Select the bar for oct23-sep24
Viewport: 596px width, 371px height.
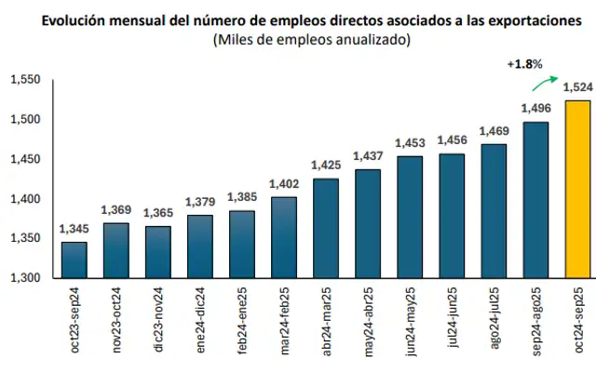[x=74, y=259]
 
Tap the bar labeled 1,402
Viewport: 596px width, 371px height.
[x=283, y=237]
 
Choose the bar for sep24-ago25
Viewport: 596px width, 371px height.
[x=535, y=199]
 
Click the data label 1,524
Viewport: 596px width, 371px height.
[x=576, y=88]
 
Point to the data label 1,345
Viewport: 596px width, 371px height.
[x=74, y=229]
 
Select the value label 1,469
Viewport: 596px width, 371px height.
[x=493, y=131]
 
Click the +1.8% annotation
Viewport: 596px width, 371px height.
[x=524, y=64]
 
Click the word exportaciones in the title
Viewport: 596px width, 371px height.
[x=532, y=20]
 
